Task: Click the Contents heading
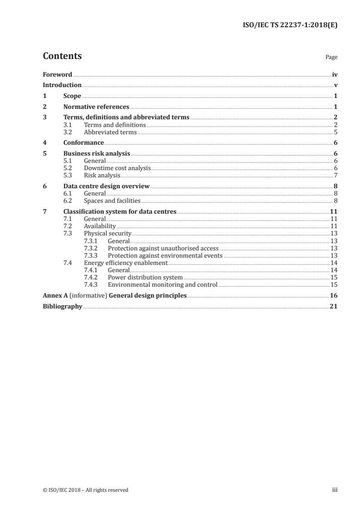point(62,56)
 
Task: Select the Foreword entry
point(57,74)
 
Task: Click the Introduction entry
point(62,85)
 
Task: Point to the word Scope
point(72,96)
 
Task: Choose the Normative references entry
point(96,107)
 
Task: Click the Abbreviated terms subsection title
point(110,132)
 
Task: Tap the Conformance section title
point(84,143)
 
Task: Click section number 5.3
point(68,175)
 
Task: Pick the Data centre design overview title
point(106,186)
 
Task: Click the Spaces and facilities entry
point(112,201)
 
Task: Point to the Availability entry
point(100,226)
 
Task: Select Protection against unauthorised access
point(163,248)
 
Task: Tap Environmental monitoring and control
point(163,284)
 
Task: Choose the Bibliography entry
point(62,306)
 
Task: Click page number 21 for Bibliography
point(334,306)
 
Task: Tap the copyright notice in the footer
point(85,489)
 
